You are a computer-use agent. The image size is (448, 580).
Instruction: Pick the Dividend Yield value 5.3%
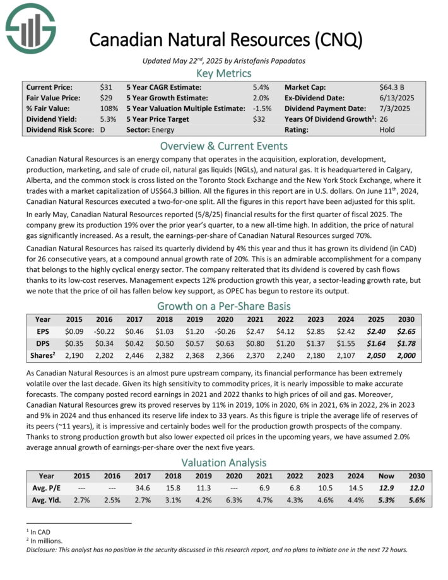coord(108,119)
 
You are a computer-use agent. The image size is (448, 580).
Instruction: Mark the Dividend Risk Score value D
coord(103,130)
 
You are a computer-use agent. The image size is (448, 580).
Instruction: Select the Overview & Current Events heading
coord(224,146)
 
